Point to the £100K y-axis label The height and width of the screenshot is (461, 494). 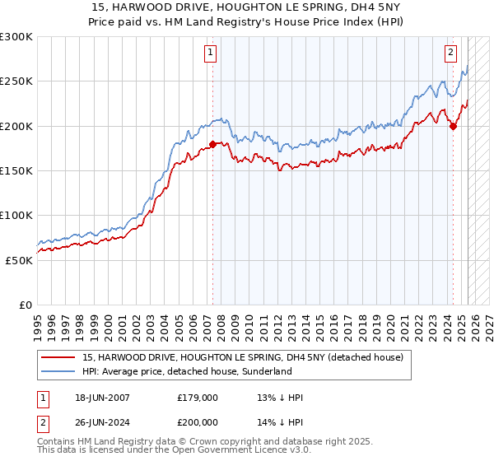click(x=18, y=215)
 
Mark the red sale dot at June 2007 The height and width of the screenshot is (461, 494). click(x=212, y=145)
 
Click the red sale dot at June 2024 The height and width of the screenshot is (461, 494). click(x=453, y=126)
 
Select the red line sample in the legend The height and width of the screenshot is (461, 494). click(x=58, y=358)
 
